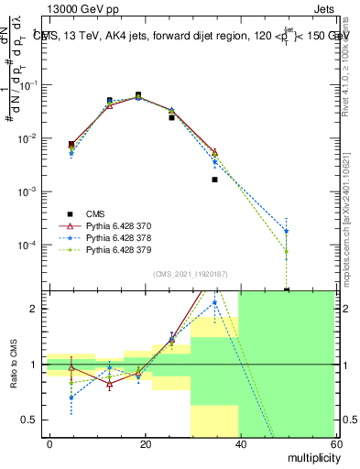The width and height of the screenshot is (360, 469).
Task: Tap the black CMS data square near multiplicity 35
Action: tap(214, 180)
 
